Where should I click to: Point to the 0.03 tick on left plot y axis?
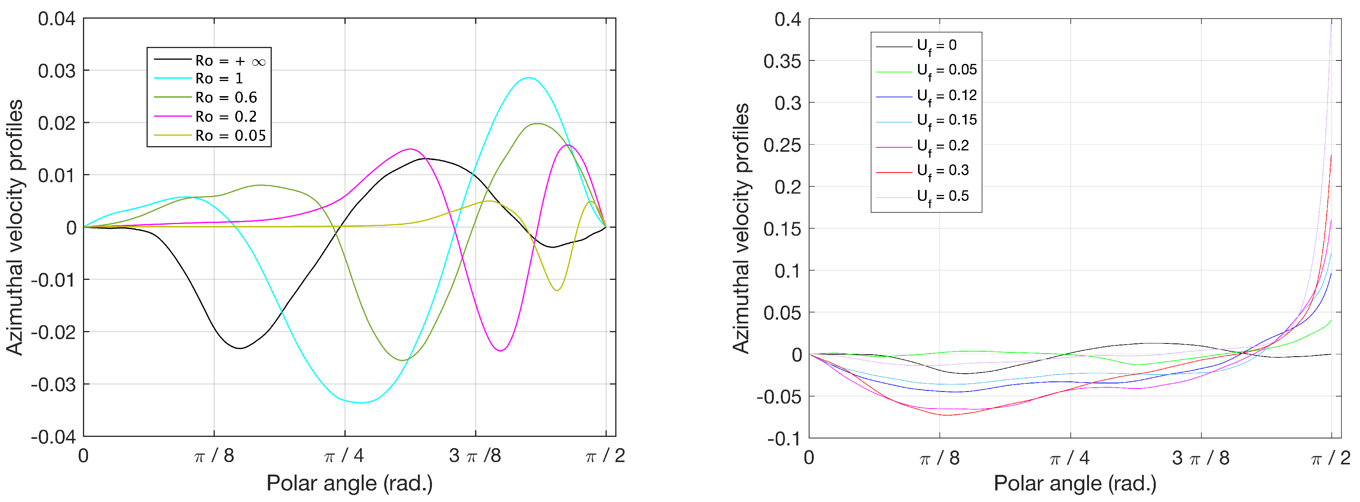pyautogui.click(x=57, y=71)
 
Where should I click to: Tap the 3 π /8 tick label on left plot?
pyautogui.click(x=475, y=455)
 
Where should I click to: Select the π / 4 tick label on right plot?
pyautogui.click(x=1070, y=458)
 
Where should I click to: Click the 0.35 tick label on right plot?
pyautogui.click(x=782, y=61)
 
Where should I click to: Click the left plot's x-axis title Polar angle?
pyautogui.click(x=350, y=483)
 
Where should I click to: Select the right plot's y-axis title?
pyautogui.click(x=741, y=228)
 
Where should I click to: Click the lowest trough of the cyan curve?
pyautogui.click(x=361, y=403)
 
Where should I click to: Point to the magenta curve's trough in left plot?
pyautogui.click(x=501, y=350)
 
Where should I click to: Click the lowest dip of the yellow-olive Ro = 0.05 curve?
pyautogui.click(x=557, y=290)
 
